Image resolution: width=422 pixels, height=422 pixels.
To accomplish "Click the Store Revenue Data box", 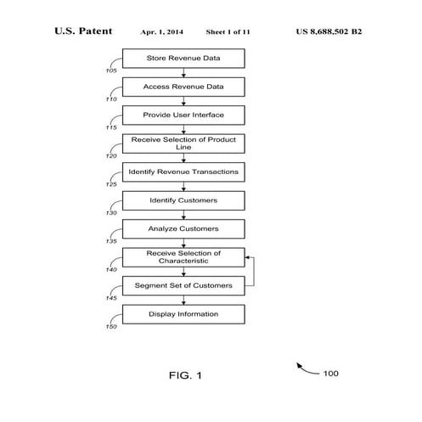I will pyautogui.click(x=183, y=58).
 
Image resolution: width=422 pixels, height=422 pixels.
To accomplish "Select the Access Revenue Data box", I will pyautogui.click(x=183, y=86).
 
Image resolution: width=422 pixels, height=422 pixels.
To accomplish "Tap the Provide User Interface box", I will pyautogui.click(x=183, y=114).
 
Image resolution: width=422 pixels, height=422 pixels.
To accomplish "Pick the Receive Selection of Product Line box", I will pyautogui.click(x=183, y=142).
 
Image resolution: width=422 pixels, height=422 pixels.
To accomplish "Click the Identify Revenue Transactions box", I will pyautogui.click(x=183, y=172).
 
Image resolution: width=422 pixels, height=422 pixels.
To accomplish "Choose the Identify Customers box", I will pyautogui.click(x=183, y=200).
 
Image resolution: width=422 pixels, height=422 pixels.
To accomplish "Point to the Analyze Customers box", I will pyautogui.click(x=183, y=228).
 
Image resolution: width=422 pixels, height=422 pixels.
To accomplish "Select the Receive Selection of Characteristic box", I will pyautogui.click(x=183, y=256).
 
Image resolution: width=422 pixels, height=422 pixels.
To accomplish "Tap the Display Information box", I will pyautogui.click(x=183, y=314).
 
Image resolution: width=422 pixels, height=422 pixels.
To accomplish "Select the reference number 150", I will pyautogui.click(x=112, y=327).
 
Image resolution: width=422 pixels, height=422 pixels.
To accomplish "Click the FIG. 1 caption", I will pyautogui.click(x=185, y=374).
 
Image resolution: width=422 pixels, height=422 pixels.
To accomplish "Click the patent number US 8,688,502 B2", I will pyautogui.click(x=330, y=31).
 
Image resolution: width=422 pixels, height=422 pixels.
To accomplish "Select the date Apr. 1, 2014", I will pyautogui.click(x=161, y=31).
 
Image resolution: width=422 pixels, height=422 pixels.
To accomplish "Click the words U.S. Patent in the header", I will pyautogui.click(x=83, y=31).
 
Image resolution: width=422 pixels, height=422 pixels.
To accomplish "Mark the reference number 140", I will pyautogui.click(x=112, y=270).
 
